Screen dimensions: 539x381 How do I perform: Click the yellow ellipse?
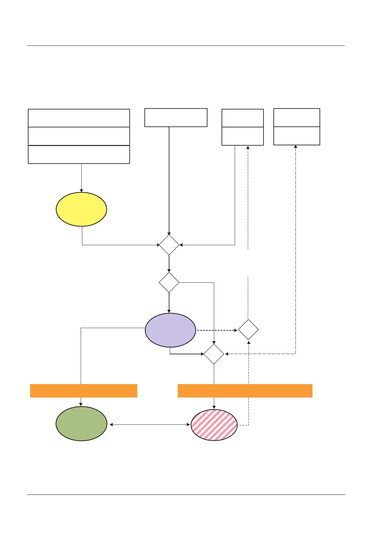point(81,209)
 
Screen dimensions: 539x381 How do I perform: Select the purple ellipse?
point(170,330)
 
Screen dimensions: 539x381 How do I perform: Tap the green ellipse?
point(81,424)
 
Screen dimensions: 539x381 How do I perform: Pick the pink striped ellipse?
point(214,425)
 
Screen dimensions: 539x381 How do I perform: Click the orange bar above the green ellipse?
point(84,391)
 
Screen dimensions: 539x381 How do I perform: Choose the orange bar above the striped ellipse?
point(245,391)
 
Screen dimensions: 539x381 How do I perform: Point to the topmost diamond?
point(169,245)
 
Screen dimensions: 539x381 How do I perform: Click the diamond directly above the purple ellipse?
point(169,282)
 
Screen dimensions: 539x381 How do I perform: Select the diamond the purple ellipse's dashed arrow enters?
point(248,330)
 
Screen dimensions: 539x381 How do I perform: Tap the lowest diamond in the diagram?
point(214,354)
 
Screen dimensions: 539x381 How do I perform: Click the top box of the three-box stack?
point(79,118)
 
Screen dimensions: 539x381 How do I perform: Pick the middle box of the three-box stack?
point(79,136)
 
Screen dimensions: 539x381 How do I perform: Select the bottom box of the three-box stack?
point(79,155)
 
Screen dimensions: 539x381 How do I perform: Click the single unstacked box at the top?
point(176,118)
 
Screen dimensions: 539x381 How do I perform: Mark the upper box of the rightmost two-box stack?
point(297,117)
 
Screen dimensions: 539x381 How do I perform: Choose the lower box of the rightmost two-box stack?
point(297,136)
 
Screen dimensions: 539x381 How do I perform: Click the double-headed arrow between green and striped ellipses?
point(150,425)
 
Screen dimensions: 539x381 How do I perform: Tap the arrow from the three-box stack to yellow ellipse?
point(81,178)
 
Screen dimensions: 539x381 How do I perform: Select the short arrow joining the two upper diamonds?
point(169,264)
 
